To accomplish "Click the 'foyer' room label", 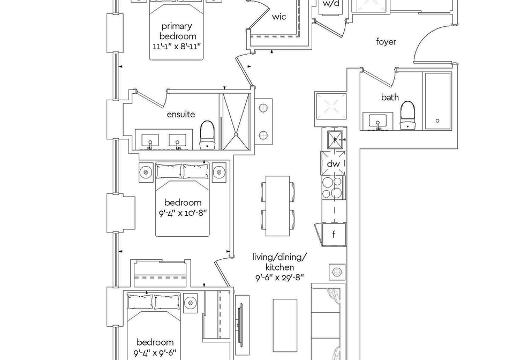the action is tap(386, 42).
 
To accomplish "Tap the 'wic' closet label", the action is tap(279, 17).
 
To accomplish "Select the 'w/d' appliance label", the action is tap(331, 4).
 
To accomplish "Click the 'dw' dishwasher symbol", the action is tap(334, 163).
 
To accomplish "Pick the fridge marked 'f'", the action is tap(334, 234).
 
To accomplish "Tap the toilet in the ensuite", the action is tap(207, 135).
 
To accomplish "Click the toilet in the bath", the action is tap(407, 115).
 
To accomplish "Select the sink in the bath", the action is tap(378, 121).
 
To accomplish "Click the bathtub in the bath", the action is tap(437, 101).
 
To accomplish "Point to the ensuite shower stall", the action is tap(236, 121).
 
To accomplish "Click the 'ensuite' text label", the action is tap(181, 115).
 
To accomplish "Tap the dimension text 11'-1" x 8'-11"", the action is tap(176, 47).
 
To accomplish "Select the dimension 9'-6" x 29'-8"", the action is tap(280, 277).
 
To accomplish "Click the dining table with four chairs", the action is tap(278, 206).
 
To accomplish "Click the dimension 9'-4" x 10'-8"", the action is tap(183, 213).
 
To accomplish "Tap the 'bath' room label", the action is tap(390, 97).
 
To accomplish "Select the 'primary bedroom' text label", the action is tap(177, 31).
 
